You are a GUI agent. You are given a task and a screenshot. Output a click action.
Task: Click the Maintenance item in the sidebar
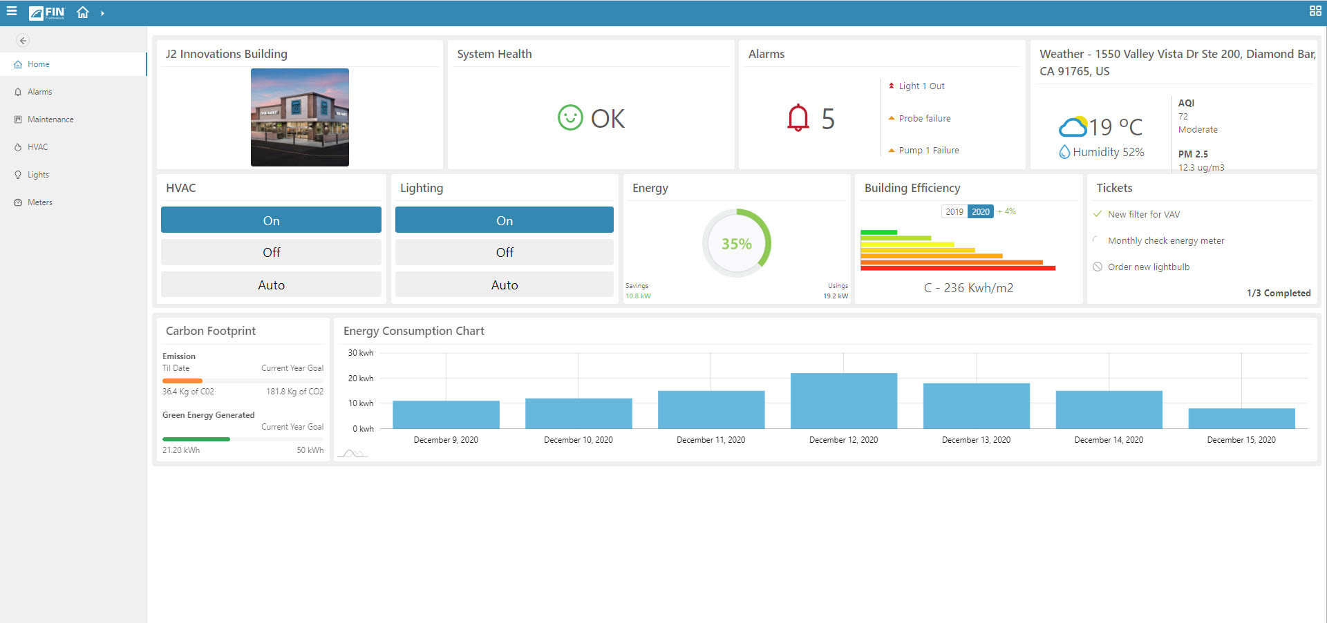tap(50, 119)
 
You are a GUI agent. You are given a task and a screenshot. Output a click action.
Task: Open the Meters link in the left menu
tap(39, 202)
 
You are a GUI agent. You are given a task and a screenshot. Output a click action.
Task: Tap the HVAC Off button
tap(271, 253)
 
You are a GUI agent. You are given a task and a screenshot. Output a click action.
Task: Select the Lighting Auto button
tap(504, 285)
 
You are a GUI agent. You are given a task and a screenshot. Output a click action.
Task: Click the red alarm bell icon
tap(798, 118)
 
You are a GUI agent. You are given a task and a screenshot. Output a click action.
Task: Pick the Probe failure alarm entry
tap(924, 119)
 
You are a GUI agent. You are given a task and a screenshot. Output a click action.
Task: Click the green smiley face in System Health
tap(570, 118)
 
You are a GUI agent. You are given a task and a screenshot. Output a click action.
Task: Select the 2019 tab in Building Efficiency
tap(954, 212)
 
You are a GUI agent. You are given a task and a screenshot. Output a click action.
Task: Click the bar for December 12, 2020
tap(843, 401)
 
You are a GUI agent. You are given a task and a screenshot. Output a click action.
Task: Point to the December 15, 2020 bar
tap(1241, 419)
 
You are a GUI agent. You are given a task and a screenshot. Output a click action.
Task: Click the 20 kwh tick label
tap(361, 378)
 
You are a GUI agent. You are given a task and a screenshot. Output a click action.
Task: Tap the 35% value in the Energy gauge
tap(736, 244)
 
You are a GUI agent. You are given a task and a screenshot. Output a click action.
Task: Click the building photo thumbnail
tap(299, 117)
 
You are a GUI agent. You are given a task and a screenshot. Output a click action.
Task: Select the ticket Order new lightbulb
tap(1148, 267)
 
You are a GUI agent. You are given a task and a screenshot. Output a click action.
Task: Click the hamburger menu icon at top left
tap(12, 12)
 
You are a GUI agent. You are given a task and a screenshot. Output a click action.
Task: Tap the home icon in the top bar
tap(83, 12)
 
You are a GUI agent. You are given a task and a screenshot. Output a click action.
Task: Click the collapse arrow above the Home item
tap(23, 41)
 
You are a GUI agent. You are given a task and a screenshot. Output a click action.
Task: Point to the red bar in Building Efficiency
tap(957, 268)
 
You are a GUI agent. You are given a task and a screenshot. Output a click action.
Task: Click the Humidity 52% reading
tap(1108, 152)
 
